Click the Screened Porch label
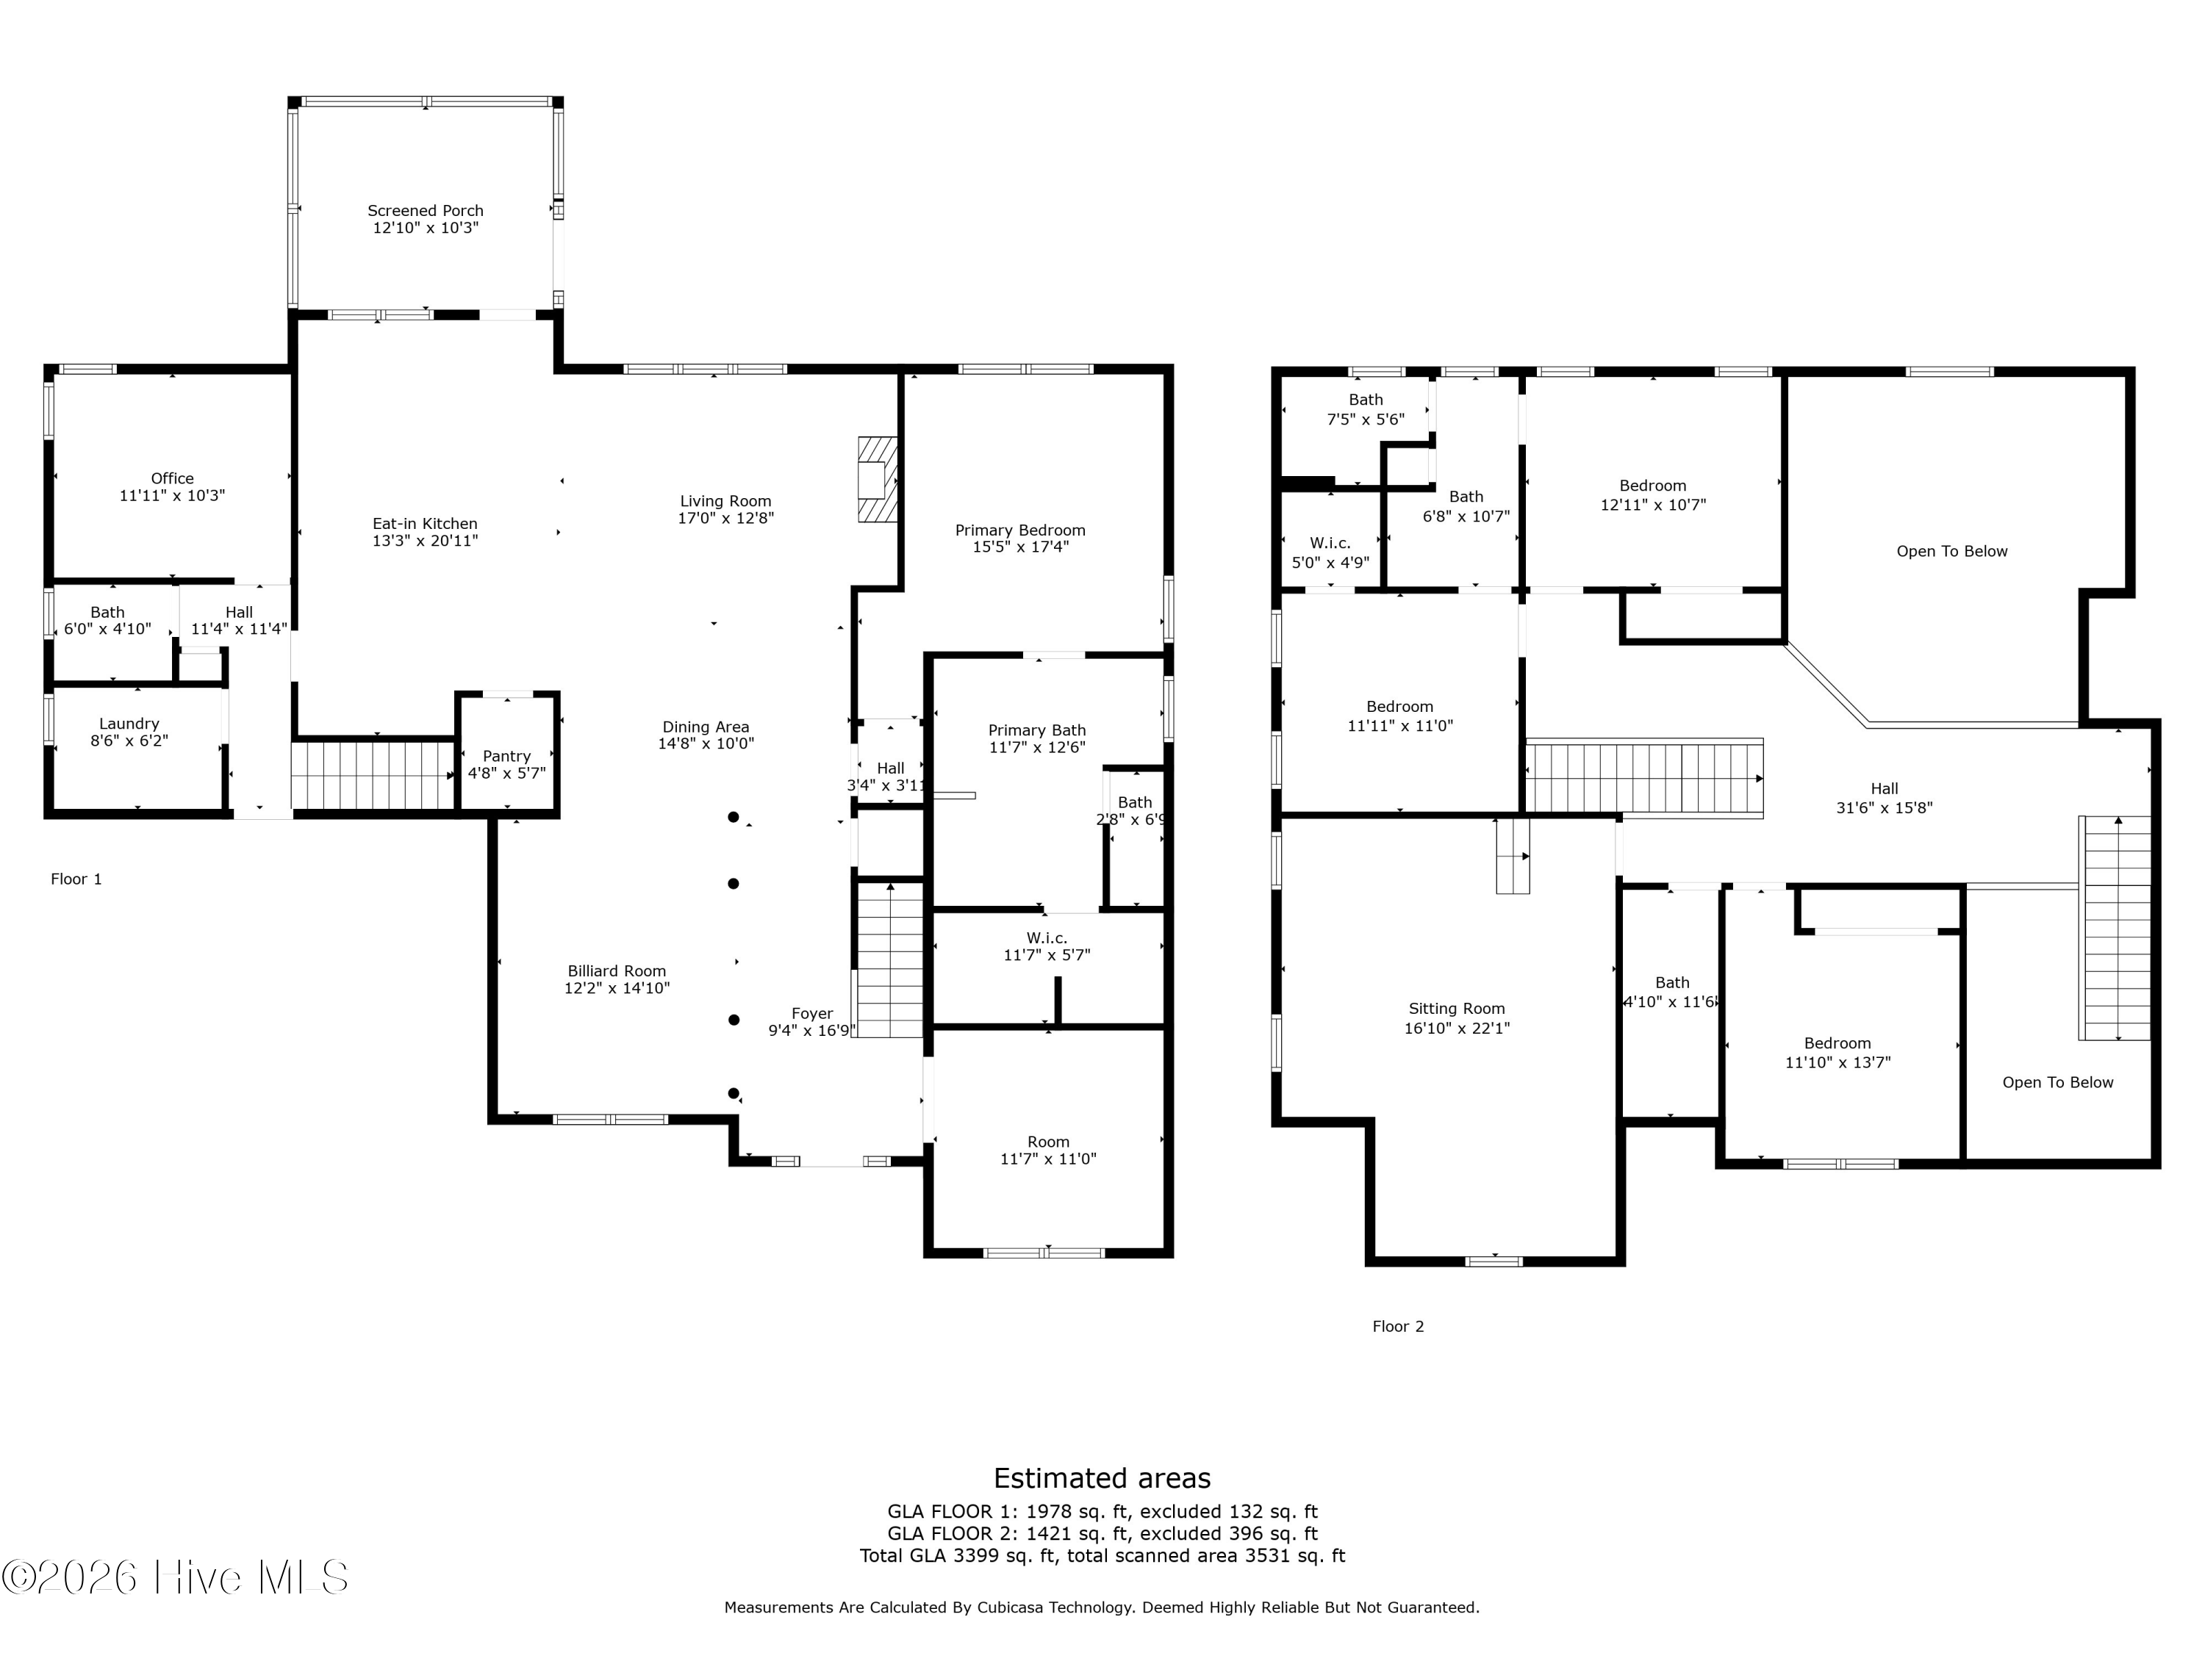[x=426, y=210]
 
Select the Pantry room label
[x=506, y=756]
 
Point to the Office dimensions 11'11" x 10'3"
[x=173, y=495]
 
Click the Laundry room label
[x=129, y=724]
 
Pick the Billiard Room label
[x=617, y=970]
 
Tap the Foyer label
[x=812, y=1013]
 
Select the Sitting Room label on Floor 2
[x=1456, y=1009]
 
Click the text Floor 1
[x=76, y=879]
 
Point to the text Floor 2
[x=1399, y=1326]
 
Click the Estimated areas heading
[x=1102, y=1477]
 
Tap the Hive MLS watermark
[x=176, y=1577]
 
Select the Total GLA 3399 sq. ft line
[x=1102, y=1555]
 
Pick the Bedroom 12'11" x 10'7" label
[x=1653, y=495]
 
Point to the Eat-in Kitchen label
[x=425, y=523]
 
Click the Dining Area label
[x=706, y=727]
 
